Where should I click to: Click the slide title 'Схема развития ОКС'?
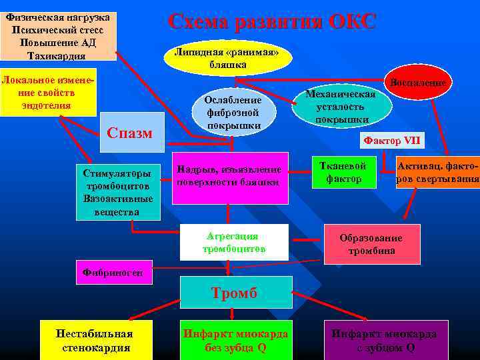[272, 21]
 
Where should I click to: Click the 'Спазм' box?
[130, 133]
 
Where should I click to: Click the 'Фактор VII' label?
[391, 140]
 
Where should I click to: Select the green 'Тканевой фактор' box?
[344, 172]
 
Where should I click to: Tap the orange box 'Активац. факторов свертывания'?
[438, 173]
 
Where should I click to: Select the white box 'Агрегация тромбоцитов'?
[234, 243]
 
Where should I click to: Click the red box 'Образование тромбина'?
[371, 244]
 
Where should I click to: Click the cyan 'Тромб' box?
[236, 292]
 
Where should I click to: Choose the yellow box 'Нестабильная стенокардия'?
[97, 340]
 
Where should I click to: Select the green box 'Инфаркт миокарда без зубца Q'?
[235, 340]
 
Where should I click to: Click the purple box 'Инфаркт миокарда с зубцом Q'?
[387, 340]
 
